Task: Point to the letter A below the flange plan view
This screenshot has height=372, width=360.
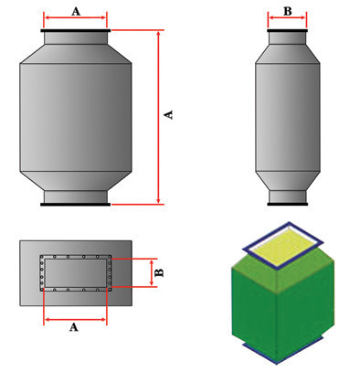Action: (75, 330)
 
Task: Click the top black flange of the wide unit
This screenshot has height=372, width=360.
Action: (76, 31)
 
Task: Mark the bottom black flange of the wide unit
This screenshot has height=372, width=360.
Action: (76, 206)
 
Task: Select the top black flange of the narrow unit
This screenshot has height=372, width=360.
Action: (287, 31)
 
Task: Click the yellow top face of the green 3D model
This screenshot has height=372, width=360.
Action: (283, 242)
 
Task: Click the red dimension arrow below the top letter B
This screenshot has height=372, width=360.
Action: (287, 19)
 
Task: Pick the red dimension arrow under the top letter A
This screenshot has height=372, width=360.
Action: (76, 19)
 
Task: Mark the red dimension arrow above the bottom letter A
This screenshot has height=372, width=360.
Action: (76, 320)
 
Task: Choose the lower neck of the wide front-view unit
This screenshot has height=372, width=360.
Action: (76, 194)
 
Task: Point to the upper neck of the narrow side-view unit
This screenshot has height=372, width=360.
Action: (287, 42)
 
